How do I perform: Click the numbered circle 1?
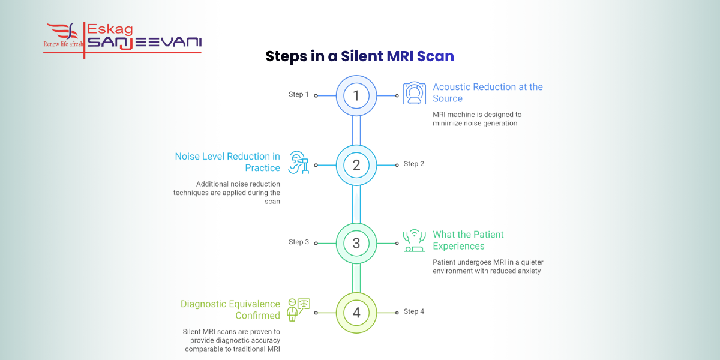(356, 95)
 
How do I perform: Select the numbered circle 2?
(356, 165)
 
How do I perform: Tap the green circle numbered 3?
(356, 243)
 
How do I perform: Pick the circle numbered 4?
(356, 313)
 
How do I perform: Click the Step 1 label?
(299, 94)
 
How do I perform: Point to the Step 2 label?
(414, 164)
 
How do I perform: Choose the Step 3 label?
(299, 242)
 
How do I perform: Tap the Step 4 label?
(414, 311)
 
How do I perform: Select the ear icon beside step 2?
(299, 163)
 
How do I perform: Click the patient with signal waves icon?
(415, 241)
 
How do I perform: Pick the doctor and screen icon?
(299, 310)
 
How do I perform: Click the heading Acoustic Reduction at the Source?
(487, 92)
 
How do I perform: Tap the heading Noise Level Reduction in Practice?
(227, 162)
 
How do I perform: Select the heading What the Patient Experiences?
(468, 240)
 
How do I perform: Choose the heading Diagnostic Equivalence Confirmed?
(230, 310)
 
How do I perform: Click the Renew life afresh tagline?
(63, 44)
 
